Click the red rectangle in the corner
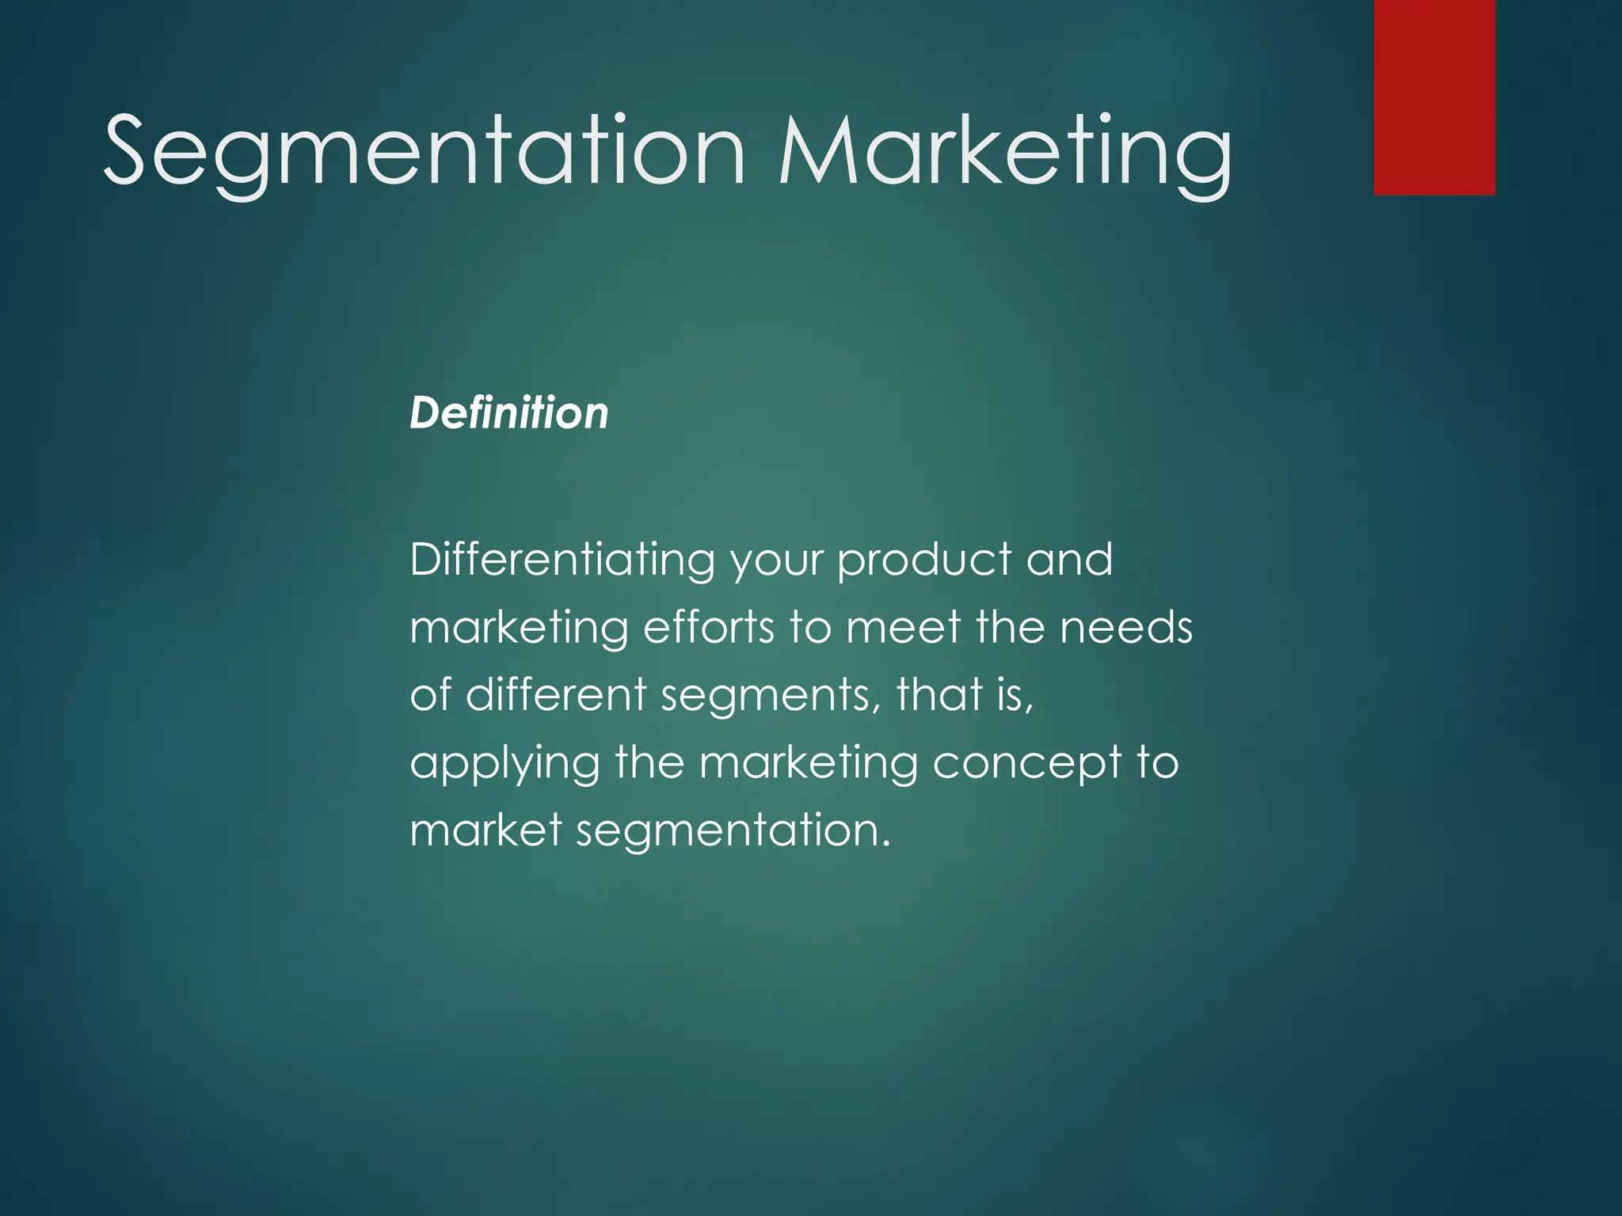(1434, 97)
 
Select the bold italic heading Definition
(508, 413)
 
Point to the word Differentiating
(562, 560)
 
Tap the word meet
(903, 628)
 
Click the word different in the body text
(556, 694)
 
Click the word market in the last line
(485, 830)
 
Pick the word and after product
(1069, 560)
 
